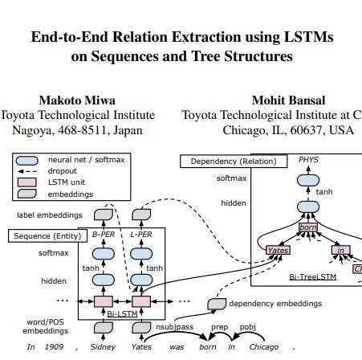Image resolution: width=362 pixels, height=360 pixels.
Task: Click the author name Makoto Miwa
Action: [x=77, y=100]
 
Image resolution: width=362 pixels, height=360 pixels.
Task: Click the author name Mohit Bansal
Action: [x=288, y=100]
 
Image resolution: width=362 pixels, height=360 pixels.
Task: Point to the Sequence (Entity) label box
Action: [x=45, y=236]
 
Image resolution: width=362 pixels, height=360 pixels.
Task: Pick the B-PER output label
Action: [x=104, y=235]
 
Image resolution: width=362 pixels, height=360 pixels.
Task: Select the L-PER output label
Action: [x=141, y=235]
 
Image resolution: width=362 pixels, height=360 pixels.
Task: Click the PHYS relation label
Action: [x=308, y=160]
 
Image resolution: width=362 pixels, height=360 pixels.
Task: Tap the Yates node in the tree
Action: [x=277, y=250]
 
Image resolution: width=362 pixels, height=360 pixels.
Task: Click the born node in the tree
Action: [x=308, y=228]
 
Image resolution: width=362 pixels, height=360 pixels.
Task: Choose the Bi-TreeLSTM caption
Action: [x=312, y=276]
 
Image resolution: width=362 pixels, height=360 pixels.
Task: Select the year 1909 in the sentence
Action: [x=55, y=347]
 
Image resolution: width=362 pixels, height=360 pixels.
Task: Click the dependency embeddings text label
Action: [x=275, y=304]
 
